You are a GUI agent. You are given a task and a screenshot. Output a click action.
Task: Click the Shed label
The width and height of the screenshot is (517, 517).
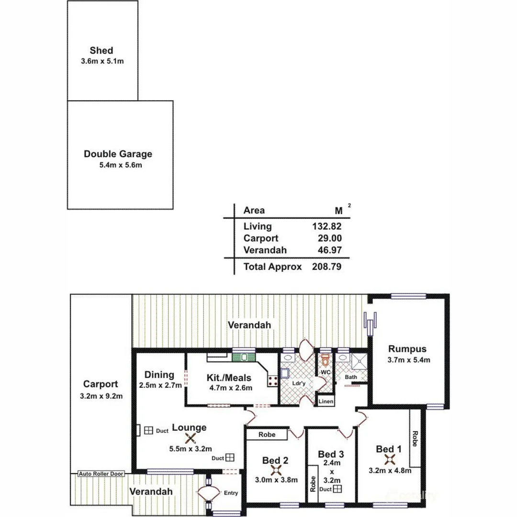[x=101, y=50]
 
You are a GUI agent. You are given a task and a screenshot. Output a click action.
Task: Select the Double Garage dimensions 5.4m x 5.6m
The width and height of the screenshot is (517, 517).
[x=118, y=165]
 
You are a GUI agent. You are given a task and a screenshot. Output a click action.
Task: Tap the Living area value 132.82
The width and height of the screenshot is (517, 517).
[x=326, y=226]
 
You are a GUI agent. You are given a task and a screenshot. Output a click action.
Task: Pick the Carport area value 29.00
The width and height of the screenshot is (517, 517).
[x=329, y=238]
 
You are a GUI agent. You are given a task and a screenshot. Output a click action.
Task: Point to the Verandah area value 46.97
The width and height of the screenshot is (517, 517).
[x=329, y=250]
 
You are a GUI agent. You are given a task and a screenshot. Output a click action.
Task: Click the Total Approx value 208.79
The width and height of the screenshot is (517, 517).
[x=326, y=267]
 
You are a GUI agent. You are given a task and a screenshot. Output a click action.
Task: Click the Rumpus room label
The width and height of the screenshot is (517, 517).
[x=407, y=348]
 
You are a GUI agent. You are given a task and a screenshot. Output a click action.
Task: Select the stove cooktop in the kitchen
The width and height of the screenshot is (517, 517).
[x=273, y=381]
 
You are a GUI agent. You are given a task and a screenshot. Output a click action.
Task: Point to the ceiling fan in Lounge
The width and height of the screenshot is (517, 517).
[x=191, y=438]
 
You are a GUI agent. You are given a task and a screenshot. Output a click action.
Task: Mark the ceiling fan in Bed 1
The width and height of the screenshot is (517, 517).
[x=390, y=460]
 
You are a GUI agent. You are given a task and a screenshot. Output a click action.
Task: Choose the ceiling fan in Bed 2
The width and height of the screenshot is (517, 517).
[x=275, y=471]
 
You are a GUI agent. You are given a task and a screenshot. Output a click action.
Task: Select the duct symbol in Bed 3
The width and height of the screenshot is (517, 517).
[x=337, y=489]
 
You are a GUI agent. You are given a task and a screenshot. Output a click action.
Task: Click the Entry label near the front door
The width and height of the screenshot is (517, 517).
[x=230, y=493]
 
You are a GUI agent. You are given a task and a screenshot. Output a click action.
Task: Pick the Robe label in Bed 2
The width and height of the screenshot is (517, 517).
[x=267, y=435]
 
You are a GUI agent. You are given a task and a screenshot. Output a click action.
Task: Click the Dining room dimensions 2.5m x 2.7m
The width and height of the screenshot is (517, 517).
[x=160, y=385]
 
